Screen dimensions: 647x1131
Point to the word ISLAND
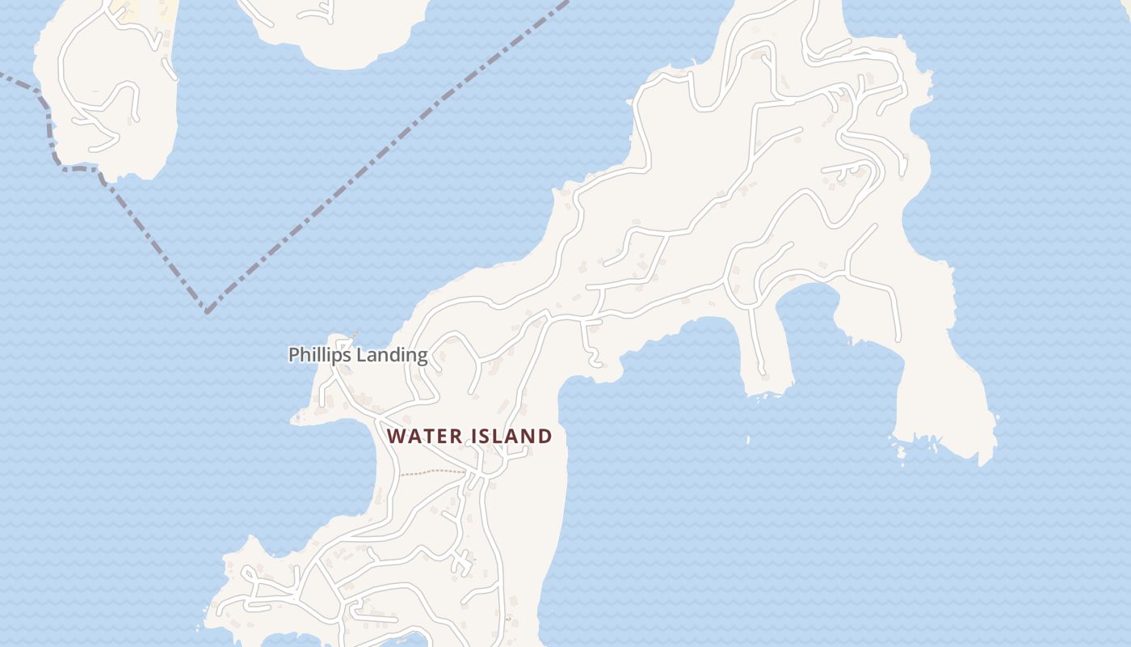[513, 437]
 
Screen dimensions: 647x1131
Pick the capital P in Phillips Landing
[294, 355]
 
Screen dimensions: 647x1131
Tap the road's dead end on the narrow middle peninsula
[761, 371]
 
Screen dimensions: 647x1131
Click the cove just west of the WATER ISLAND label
[339, 469]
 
